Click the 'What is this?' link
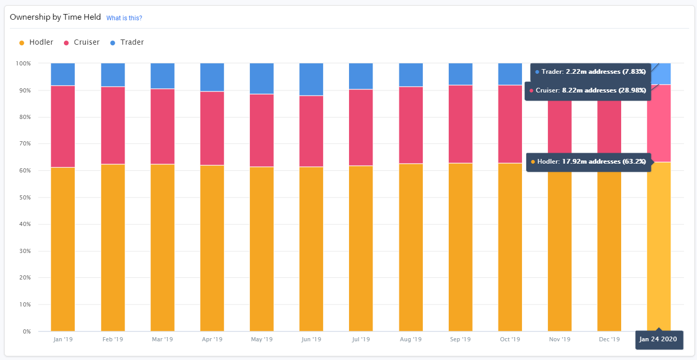[x=124, y=18]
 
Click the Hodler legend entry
[x=41, y=43]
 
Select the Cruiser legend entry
[x=86, y=43]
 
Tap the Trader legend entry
[x=131, y=43]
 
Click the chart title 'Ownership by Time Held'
[x=56, y=18]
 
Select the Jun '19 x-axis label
[x=311, y=340]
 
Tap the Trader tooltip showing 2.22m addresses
[x=591, y=72]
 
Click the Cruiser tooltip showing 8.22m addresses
[x=587, y=91]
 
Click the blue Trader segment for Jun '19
[x=311, y=79]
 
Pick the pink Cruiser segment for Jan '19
[x=63, y=126]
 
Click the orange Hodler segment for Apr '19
[x=212, y=248]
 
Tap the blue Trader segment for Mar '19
[x=162, y=76]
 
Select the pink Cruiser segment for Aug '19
[x=411, y=125]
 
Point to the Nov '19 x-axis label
[x=559, y=340]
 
